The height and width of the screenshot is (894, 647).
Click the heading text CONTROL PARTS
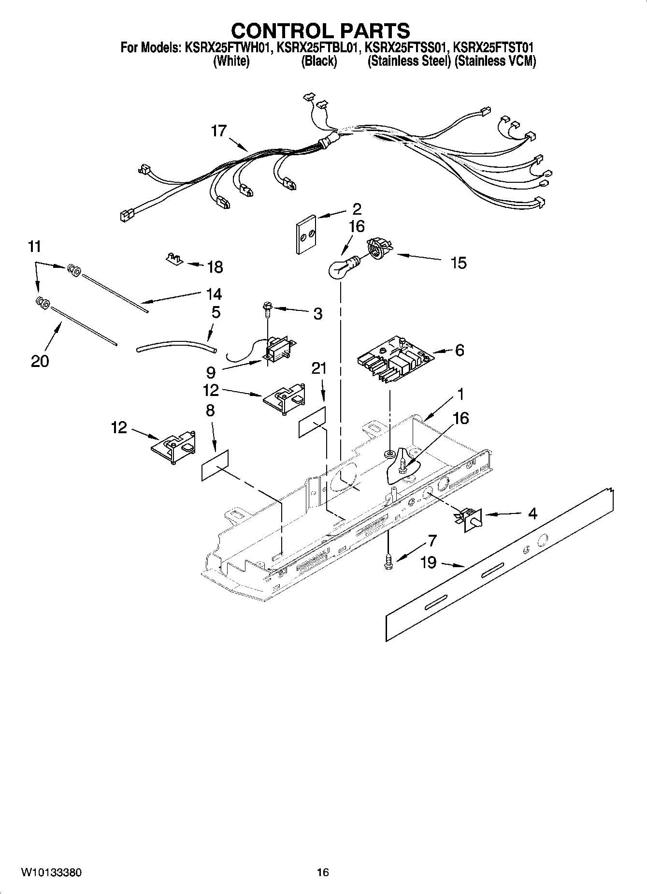point(320,30)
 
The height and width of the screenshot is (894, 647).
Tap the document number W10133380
point(51,872)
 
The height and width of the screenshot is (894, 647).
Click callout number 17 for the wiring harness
point(218,131)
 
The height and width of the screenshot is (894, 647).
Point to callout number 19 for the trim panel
point(428,562)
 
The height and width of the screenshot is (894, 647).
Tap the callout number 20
point(40,361)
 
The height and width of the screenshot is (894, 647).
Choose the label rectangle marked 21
point(312,422)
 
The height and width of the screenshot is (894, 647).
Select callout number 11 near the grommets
point(34,247)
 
